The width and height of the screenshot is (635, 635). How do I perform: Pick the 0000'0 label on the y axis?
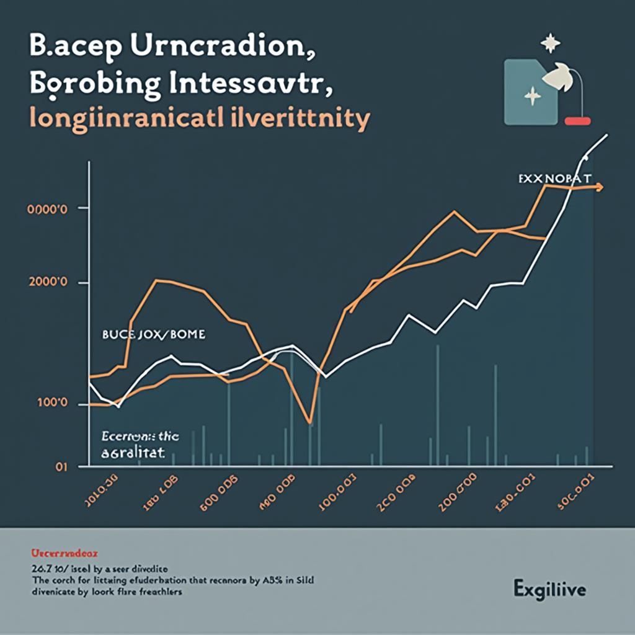[x=47, y=209]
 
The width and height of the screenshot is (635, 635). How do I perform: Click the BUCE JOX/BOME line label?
[x=153, y=335]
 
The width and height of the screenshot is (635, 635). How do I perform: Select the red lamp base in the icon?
[x=578, y=120]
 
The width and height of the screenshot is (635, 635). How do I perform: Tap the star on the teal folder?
[x=531, y=96]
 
